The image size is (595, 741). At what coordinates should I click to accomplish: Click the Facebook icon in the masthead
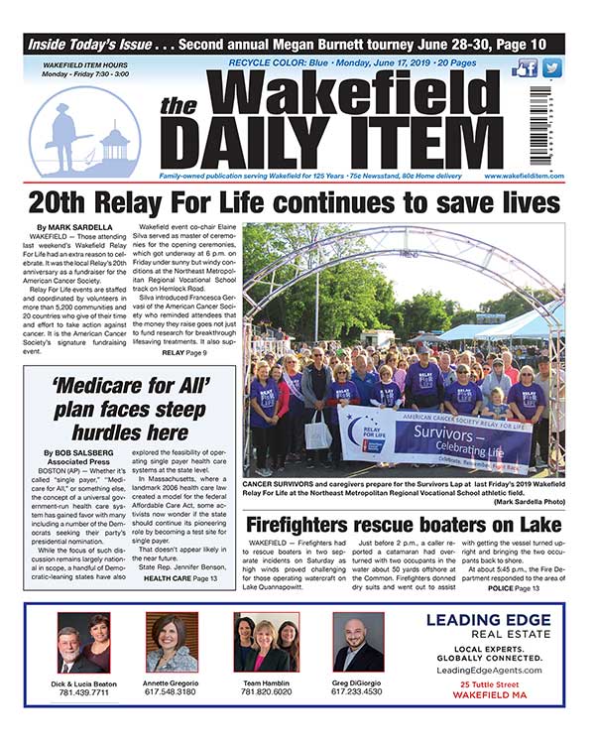(x=526, y=68)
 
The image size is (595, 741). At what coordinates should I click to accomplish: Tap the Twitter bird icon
(x=551, y=68)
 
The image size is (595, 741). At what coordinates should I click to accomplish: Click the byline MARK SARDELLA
(x=71, y=228)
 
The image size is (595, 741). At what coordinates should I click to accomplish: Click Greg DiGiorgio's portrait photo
(x=357, y=643)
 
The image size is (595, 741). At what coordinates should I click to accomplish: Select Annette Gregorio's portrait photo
(x=172, y=643)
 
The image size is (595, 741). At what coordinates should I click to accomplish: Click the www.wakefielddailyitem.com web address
(x=525, y=176)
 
